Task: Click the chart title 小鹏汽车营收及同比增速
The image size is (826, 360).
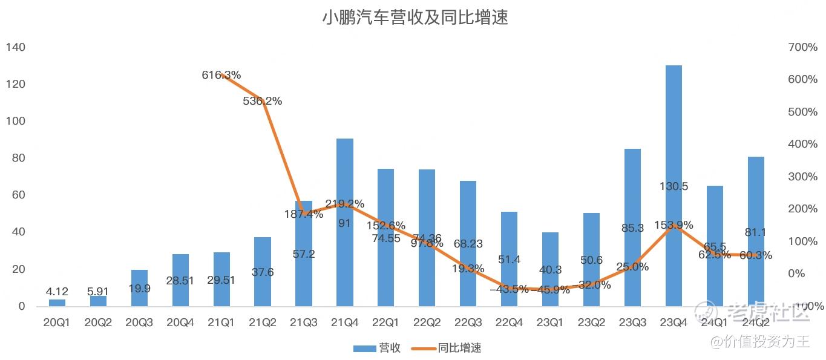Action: [415, 18]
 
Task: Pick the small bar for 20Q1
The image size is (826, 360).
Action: [57, 303]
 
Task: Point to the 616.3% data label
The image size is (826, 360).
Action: [221, 75]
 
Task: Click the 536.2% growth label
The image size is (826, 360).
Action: [263, 102]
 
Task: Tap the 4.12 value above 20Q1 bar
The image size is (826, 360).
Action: [57, 292]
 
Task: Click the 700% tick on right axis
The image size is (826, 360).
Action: [802, 47]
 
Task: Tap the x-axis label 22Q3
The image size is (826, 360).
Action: [468, 323]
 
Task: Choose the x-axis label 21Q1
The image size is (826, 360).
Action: [221, 323]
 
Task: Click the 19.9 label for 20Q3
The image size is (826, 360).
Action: [139, 288]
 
